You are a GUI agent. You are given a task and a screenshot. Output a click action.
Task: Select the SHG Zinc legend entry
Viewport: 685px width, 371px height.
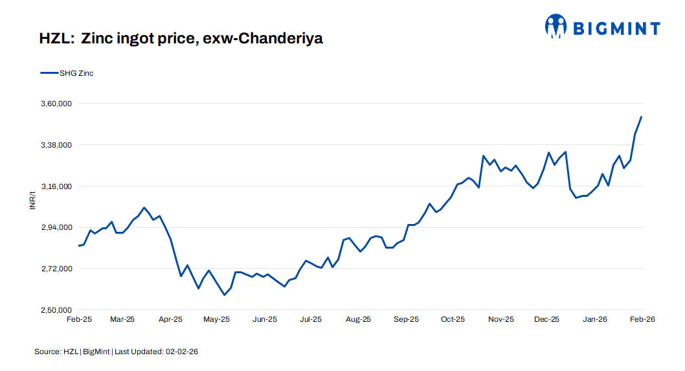coord(76,73)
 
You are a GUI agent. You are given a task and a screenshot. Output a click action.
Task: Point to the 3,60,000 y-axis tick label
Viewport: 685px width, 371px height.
coord(56,104)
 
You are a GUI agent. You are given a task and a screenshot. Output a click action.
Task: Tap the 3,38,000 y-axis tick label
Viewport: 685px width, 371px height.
coord(56,145)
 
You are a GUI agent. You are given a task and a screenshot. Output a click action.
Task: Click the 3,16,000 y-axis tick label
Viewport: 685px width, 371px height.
coord(56,186)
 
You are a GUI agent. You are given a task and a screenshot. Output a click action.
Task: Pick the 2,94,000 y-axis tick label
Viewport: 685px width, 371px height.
coord(56,228)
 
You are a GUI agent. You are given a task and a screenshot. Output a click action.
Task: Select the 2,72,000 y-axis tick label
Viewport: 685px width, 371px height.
coord(56,269)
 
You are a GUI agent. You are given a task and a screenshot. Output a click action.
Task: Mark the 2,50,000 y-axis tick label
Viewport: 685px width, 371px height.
coord(56,310)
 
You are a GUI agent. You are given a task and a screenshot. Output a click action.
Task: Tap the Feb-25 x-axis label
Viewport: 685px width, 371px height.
coord(79,319)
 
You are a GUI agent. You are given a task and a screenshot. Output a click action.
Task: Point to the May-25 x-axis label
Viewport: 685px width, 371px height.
coord(216,319)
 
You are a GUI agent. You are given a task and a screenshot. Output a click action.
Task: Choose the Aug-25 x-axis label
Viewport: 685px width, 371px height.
coord(358,319)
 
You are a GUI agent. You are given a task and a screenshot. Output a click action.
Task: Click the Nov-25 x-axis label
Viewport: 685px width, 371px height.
coord(500,319)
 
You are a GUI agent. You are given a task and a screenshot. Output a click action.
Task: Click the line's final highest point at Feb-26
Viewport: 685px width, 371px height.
coord(641,117)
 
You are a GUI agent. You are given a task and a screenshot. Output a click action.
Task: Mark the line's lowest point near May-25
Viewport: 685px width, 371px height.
coord(225,295)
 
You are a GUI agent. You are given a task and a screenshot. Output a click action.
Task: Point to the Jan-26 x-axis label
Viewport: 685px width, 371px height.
coord(595,319)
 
